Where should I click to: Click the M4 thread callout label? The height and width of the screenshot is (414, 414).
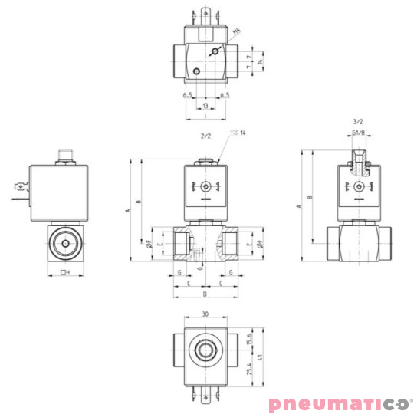coord(236,31)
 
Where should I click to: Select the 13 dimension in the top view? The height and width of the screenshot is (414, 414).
coord(205,105)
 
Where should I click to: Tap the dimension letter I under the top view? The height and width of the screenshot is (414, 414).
coord(205,117)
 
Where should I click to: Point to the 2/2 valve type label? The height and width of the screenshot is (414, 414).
coord(205,136)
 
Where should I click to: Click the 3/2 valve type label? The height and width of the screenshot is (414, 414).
coord(357,121)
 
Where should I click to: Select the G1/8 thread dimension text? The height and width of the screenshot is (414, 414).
coord(358,134)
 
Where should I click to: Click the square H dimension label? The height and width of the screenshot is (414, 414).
coord(65,271)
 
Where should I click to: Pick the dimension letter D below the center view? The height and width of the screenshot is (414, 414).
coord(205,294)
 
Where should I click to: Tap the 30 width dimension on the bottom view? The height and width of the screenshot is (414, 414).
coord(205,314)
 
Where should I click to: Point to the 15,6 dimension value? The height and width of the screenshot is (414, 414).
coord(250,337)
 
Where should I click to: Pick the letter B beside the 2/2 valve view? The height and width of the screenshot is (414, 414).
coord(138,202)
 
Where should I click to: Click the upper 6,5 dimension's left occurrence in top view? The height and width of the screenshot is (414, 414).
coord(187,95)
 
